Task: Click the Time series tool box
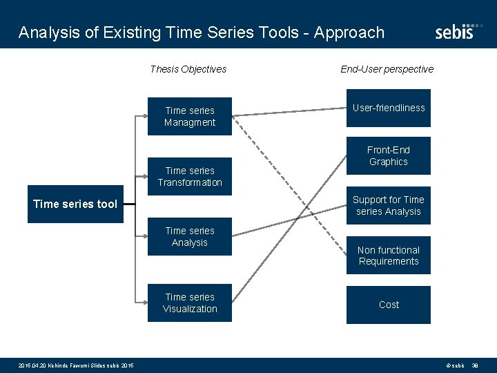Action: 75,204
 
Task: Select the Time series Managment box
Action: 190,116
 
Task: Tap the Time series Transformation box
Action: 190,176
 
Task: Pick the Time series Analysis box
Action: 190,236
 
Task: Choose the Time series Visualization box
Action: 190,303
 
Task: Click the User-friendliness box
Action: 389,108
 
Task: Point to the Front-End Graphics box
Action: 389,155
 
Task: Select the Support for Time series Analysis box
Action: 389,205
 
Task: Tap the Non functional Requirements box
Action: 389,256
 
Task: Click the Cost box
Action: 389,305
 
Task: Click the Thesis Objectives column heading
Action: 188,69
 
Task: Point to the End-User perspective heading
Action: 387,69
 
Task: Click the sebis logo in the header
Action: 455,31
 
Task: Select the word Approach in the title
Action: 349,32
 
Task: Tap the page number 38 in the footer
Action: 475,365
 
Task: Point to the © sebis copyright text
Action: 455,365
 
